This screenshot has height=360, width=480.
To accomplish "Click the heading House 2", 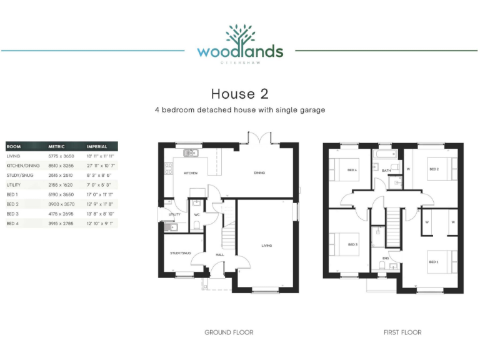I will (x=239, y=94).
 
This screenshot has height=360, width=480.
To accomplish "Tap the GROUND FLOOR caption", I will (x=229, y=332).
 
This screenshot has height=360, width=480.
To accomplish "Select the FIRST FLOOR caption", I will (x=402, y=332).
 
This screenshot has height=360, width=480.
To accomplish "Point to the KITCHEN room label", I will (x=191, y=173).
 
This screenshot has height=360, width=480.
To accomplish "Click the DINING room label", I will (x=259, y=173).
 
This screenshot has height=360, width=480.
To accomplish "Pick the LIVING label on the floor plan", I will (x=267, y=246).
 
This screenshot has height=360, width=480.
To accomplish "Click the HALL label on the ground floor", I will (x=220, y=255).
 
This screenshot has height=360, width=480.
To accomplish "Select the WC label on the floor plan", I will (x=196, y=214).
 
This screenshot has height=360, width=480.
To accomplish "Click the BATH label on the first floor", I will (x=386, y=170).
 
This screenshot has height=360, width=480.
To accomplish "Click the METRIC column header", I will (x=56, y=146).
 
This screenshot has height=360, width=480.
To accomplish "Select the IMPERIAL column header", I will (x=97, y=146).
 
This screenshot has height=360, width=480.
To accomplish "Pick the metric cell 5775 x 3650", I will (x=61, y=156).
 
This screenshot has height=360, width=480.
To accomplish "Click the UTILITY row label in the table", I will (x=13, y=185).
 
